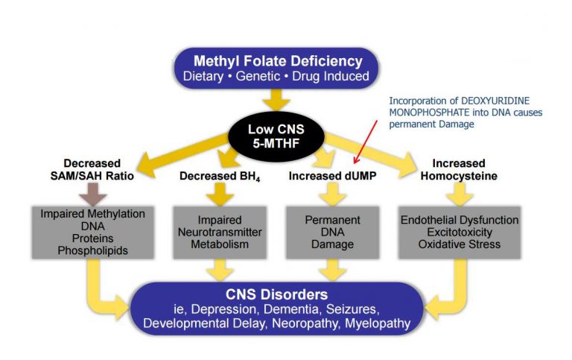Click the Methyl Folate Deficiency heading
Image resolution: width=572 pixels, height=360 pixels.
tap(278, 61)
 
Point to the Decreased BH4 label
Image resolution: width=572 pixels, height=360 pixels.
tap(219, 175)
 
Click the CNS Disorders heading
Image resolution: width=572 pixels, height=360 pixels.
tap(277, 294)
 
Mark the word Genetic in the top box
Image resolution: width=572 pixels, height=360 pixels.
tap(278, 76)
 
